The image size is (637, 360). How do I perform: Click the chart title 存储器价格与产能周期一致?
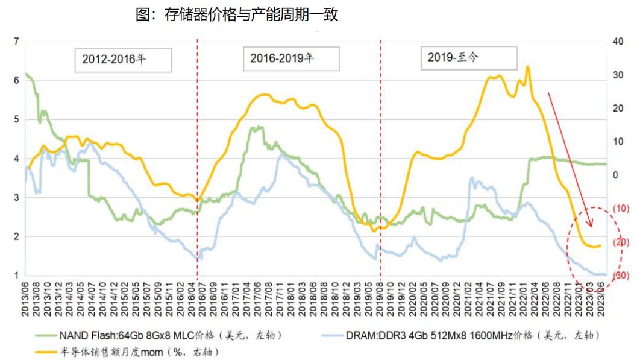237,14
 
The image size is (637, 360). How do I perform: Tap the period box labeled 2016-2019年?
291,58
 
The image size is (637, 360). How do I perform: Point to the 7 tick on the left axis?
16,41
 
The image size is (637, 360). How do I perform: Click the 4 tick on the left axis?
16,159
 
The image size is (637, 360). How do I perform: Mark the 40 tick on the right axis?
617,41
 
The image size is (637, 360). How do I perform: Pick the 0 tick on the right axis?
615,175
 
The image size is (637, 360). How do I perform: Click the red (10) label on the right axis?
620,209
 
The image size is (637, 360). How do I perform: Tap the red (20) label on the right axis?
620,242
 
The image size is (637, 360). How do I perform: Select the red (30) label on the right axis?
620,276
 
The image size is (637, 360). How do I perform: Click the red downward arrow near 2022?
570,160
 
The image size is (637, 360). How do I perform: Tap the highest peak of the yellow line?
528,66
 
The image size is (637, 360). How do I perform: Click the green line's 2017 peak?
257,127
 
